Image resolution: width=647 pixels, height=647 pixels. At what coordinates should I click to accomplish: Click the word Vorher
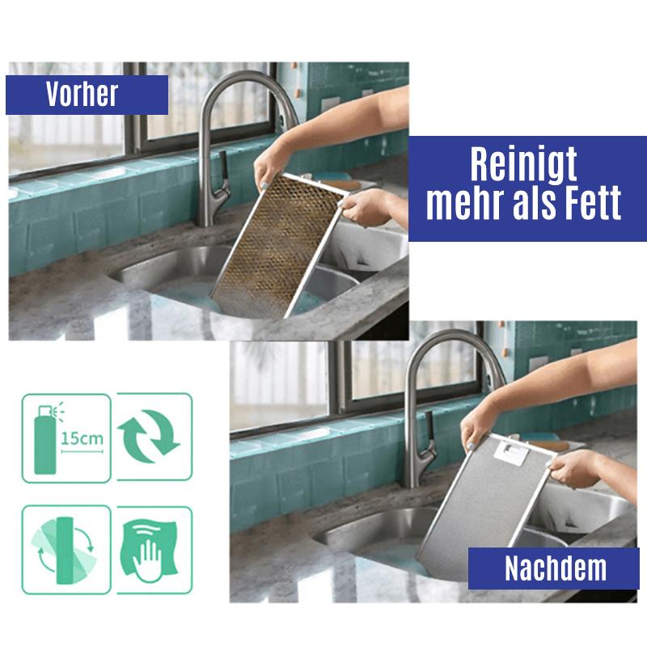coord(82,95)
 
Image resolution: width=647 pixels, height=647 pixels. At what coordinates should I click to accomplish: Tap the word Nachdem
coord(555,569)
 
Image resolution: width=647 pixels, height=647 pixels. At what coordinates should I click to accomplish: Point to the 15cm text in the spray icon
coord(82,439)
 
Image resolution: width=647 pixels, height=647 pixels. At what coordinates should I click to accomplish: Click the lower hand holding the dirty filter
coord(368,206)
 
